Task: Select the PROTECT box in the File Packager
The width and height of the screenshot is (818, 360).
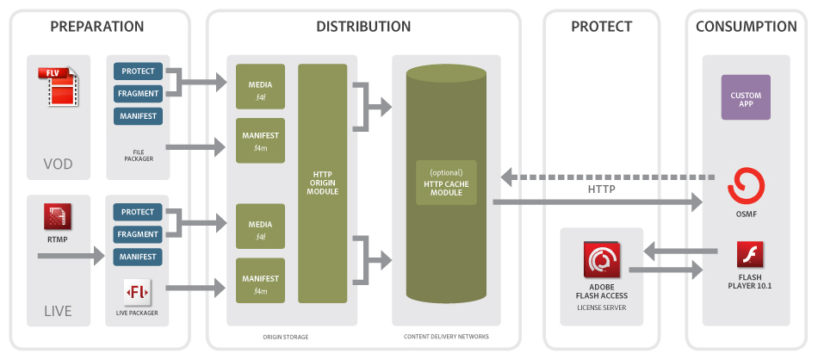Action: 138,71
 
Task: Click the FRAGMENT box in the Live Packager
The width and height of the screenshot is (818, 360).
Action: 138,234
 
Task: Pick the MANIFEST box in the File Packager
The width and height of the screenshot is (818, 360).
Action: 138,115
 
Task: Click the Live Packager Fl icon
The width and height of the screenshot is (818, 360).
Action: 138,293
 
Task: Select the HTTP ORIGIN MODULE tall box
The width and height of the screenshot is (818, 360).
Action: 323,183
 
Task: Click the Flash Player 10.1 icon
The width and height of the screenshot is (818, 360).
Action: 750,256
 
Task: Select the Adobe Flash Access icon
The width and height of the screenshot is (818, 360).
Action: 601,258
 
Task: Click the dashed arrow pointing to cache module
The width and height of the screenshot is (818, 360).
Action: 603,177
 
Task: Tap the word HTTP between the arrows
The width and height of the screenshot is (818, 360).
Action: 602,190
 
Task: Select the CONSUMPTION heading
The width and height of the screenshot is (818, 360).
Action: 746,27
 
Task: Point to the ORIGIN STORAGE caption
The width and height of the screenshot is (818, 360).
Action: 283,337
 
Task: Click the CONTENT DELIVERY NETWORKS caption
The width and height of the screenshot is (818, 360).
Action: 446,337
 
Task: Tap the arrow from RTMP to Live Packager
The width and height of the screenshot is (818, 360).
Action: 77,256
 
